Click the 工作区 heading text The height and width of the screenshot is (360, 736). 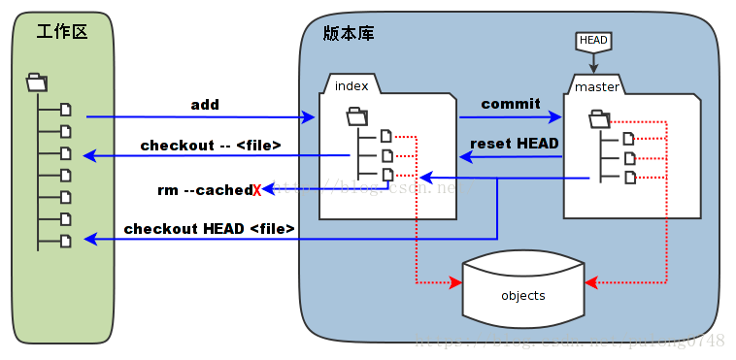click(62, 32)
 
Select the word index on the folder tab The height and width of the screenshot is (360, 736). click(351, 85)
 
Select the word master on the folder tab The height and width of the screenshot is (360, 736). click(596, 87)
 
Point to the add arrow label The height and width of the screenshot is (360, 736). click(205, 104)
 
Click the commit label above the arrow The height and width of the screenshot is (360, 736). click(510, 104)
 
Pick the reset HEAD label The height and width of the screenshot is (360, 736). click(514, 144)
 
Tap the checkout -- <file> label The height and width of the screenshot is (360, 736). click(211, 146)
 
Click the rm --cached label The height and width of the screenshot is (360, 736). click(204, 190)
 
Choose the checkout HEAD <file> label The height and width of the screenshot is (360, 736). click(209, 229)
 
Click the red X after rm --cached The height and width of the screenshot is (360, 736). click(257, 190)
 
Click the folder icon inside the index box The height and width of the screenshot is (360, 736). click(356, 118)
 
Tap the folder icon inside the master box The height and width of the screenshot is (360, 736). click(599, 119)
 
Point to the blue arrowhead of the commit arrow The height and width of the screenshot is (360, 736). click(556, 117)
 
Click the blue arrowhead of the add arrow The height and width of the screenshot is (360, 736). click(310, 117)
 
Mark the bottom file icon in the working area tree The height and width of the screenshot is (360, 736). click(66, 240)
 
